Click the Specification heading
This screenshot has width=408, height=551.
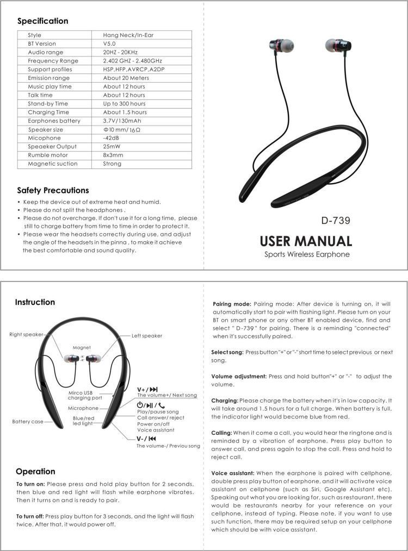click(x=42, y=21)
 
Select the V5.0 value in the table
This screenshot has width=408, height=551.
click(x=109, y=43)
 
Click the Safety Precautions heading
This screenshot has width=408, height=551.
click(x=53, y=190)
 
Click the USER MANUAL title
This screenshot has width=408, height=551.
click(x=306, y=241)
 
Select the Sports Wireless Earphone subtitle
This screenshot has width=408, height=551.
click(x=306, y=254)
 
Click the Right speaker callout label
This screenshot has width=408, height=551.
click(x=26, y=334)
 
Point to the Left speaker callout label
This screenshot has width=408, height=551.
click(x=147, y=336)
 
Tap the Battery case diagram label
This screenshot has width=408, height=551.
click(x=27, y=421)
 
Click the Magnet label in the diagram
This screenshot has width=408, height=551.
click(x=82, y=347)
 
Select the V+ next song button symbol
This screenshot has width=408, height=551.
click(x=147, y=389)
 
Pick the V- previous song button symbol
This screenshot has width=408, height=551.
click(x=147, y=438)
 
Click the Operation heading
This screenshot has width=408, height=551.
click(x=35, y=471)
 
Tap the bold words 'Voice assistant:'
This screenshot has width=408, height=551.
click(x=232, y=473)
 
